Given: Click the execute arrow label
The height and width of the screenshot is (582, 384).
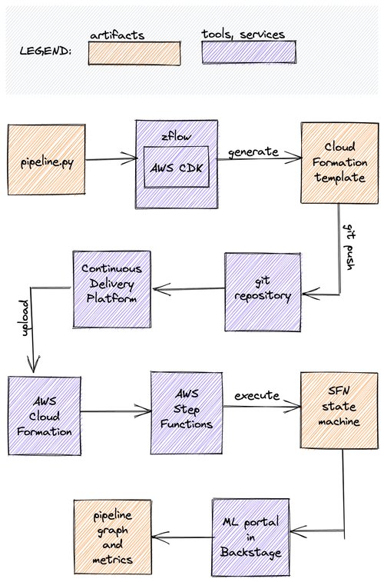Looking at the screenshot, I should click(257, 397).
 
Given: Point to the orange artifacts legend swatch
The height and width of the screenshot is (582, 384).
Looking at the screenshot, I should click(134, 53).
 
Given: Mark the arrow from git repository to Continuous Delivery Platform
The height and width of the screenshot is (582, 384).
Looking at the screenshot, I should click(188, 290).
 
